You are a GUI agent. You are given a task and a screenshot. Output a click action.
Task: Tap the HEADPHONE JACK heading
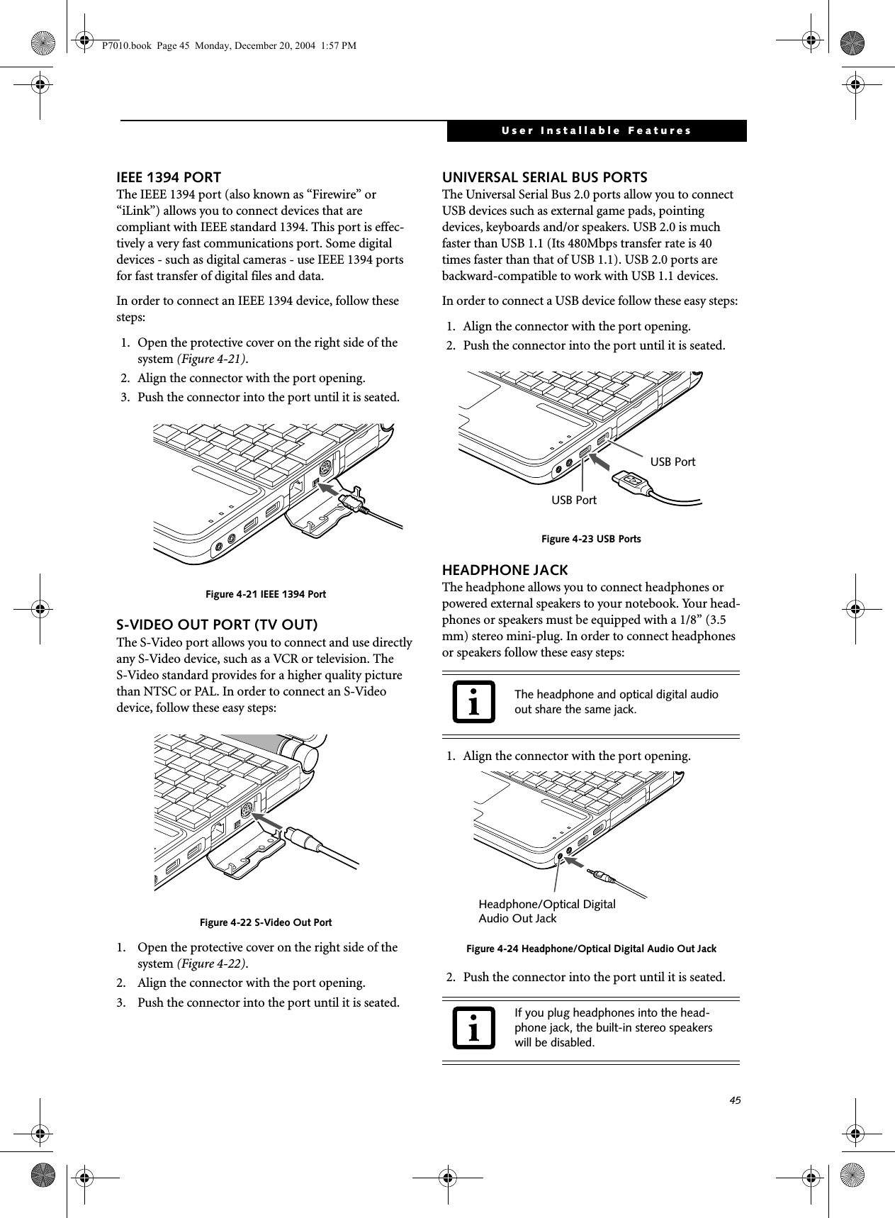pyautogui.click(x=505, y=570)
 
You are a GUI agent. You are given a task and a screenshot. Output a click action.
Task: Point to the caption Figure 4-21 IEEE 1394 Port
pyautogui.click(x=266, y=594)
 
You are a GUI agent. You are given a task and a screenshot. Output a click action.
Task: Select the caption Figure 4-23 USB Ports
pyautogui.click(x=591, y=540)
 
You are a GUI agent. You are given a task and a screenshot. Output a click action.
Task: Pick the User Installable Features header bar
pyautogui.click(x=596, y=131)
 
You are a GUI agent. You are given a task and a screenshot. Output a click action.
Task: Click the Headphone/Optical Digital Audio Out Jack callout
pyautogui.click(x=546, y=911)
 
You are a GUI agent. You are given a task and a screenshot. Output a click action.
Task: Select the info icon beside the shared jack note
pyautogui.click(x=474, y=701)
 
